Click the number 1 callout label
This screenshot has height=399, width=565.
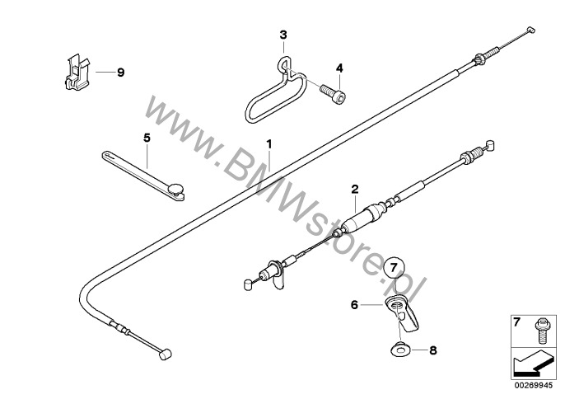[268, 143]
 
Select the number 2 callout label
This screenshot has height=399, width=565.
[355, 189]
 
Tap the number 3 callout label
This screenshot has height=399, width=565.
[283, 35]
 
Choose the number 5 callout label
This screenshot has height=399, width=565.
[147, 138]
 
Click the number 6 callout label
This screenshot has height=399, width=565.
[355, 304]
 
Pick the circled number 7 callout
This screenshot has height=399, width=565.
[394, 266]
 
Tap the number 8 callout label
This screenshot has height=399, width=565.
[434, 350]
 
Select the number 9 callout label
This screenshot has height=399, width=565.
[119, 73]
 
